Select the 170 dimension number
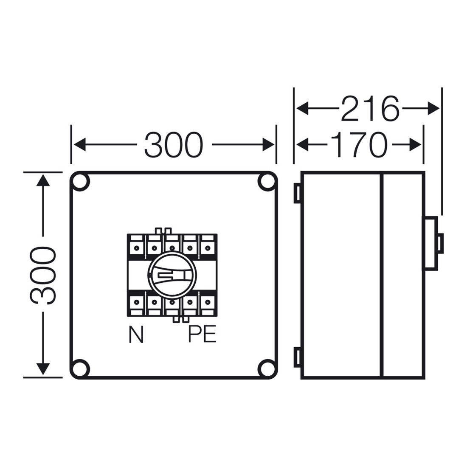[359, 145]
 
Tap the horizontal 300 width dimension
[174, 145]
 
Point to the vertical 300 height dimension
[43, 275]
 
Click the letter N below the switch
[136, 335]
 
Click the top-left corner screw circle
[80, 181]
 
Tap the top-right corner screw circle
[267, 181]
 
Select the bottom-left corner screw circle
[80, 369]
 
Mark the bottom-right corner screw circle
[267, 369]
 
